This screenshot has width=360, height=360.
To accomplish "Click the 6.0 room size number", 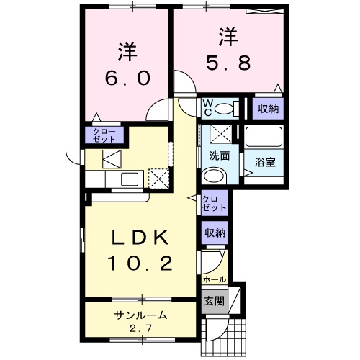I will click(x=127, y=77).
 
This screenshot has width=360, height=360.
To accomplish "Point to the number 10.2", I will click(x=140, y=264).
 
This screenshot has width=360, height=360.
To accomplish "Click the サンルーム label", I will click(x=140, y=315).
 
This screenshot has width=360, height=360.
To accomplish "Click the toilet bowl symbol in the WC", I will click(x=226, y=109).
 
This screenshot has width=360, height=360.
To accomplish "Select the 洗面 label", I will click(x=219, y=156).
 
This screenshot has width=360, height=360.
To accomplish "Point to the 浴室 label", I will click(x=264, y=163).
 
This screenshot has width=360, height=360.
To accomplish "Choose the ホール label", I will click(x=215, y=279).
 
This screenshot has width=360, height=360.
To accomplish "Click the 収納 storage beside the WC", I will click(x=267, y=108).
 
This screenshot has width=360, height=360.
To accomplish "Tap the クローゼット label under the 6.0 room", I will click(x=105, y=135).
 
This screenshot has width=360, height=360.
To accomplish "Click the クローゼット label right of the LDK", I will click(x=214, y=203).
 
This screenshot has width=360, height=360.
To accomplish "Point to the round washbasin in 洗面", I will click(x=214, y=176).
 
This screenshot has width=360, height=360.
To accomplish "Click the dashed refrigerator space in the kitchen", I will click(x=158, y=177).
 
